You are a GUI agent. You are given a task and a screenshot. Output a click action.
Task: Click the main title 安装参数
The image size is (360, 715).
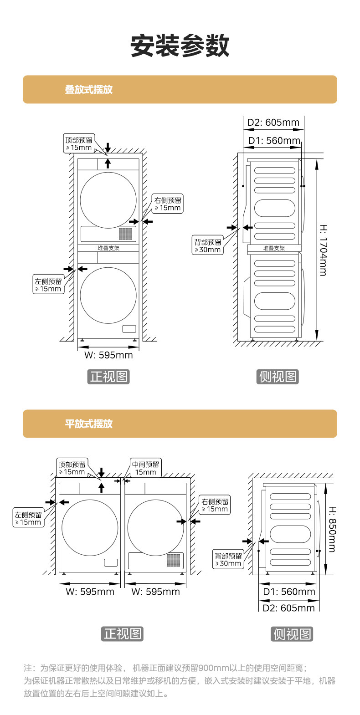pos(180,46)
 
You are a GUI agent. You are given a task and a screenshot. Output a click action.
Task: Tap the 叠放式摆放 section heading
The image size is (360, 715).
pos(88,90)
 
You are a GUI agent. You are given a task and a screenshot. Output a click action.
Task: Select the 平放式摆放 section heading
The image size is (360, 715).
pos(88,424)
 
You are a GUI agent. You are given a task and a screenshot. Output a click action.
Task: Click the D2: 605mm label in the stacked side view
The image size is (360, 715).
pos(273,123)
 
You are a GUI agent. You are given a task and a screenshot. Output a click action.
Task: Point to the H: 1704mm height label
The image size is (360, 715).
pos(323,250)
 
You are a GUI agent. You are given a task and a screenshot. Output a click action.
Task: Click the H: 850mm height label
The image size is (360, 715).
pos(332,529)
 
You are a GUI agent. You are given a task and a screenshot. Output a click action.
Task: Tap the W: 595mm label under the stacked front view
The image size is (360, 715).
pos(108,355)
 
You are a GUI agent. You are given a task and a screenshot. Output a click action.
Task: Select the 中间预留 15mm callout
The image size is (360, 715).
pos(146,468)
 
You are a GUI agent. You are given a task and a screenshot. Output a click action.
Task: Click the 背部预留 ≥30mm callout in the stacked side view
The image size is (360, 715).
pos(208,246)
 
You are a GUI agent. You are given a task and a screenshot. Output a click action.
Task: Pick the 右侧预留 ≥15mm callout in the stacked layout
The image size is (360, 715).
pos(168,204)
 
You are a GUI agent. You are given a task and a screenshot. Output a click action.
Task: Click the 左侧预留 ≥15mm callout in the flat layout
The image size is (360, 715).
pos(28,519)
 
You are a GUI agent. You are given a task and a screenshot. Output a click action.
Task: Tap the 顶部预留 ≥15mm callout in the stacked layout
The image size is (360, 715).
pos(78,144)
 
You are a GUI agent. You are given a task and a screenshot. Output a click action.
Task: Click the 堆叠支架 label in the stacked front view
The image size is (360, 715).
pos(108,248)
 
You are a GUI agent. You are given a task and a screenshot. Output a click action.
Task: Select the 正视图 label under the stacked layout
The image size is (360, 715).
pos(108,377)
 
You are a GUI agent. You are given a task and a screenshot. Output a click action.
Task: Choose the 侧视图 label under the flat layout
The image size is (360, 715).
pos(292,634)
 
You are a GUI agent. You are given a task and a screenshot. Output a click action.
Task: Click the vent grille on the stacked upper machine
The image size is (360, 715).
pos(126,234)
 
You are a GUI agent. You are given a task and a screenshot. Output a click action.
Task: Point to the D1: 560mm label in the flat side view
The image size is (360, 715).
pos(289,592)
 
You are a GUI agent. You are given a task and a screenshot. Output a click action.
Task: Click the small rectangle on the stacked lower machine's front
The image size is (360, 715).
pos(129,329)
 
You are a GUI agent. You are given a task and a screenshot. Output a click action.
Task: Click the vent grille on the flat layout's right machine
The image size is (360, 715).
pos(174,560)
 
